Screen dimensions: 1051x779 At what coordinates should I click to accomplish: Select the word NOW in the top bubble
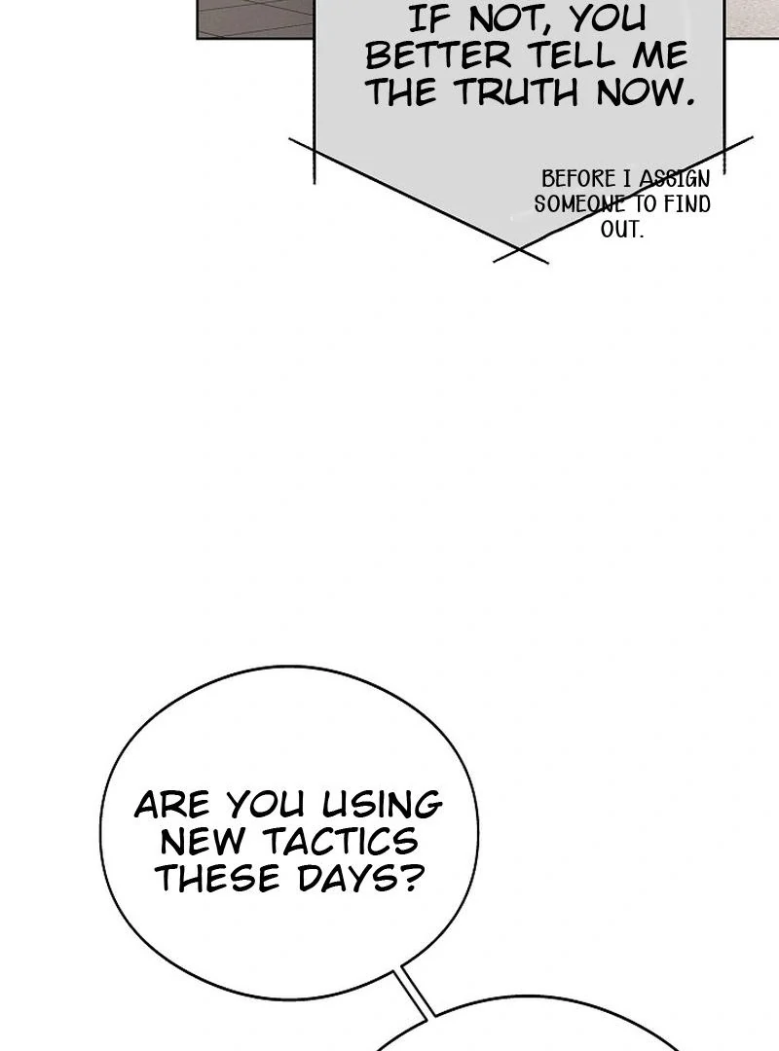[642, 92]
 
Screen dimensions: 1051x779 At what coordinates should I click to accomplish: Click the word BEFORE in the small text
[578, 179]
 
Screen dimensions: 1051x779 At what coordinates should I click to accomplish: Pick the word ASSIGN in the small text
[674, 179]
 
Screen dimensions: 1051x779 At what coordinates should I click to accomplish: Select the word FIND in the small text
[686, 204]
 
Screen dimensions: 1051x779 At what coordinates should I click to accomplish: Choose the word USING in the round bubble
[382, 805]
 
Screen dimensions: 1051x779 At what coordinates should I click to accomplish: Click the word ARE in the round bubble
[171, 805]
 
